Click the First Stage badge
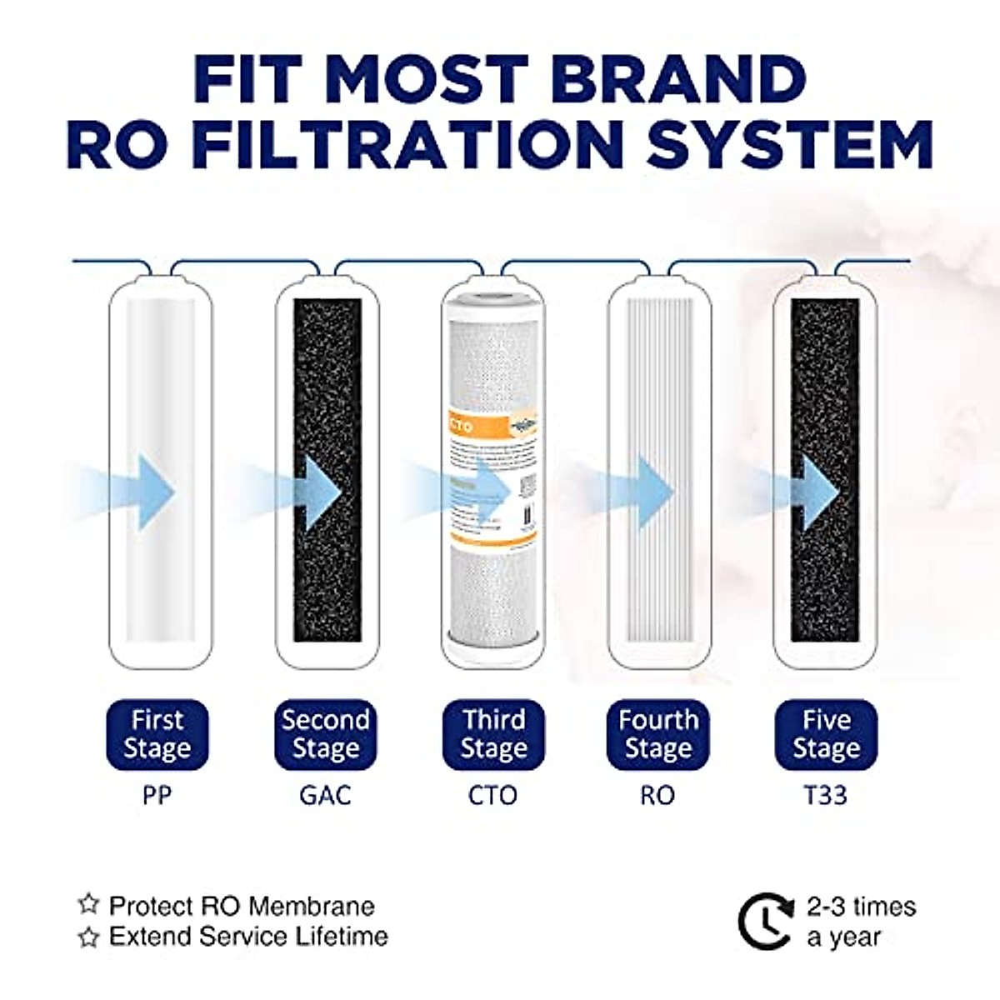(157, 734)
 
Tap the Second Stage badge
(325, 734)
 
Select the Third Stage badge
(493, 734)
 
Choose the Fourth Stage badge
(658, 734)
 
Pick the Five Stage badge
(826, 734)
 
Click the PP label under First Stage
(157, 795)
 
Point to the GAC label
(325, 795)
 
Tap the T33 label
(826, 795)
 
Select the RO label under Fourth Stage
(657, 795)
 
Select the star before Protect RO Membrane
(88, 904)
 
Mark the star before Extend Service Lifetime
(88, 937)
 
